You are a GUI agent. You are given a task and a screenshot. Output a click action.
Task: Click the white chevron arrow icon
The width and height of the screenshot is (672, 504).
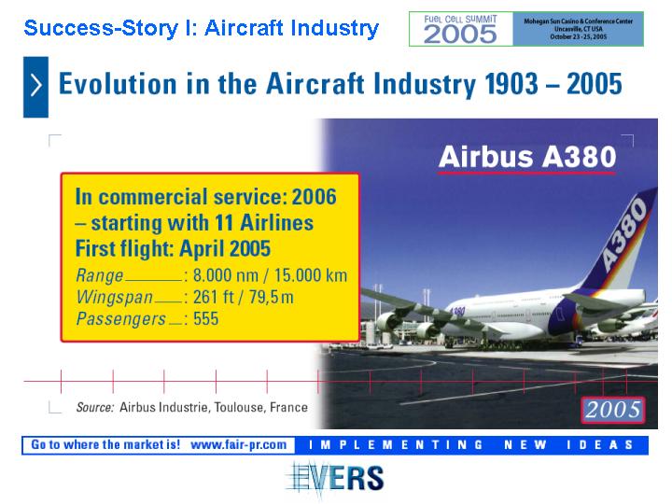(36, 85)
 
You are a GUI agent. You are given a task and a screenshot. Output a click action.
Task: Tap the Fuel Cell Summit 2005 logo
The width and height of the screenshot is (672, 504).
(461, 29)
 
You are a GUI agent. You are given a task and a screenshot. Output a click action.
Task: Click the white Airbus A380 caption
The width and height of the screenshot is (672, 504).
(527, 157)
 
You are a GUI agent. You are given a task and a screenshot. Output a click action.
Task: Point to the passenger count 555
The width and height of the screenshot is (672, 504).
(205, 319)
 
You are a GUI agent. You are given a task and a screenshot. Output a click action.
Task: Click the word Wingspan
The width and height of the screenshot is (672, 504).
(115, 298)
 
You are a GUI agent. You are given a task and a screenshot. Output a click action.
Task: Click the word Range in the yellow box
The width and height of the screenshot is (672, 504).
(100, 275)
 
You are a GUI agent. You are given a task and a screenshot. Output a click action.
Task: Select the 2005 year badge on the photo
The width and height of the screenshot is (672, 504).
(613, 410)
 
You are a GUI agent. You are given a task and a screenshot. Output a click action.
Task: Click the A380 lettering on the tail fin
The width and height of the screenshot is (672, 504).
(624, 234)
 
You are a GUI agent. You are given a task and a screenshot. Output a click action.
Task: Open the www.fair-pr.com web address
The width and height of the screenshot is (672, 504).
(239, 445)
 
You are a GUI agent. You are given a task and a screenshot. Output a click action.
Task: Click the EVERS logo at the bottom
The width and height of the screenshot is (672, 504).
(335, 478)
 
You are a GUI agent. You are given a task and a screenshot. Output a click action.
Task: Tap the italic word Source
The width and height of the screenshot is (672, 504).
(95, 407)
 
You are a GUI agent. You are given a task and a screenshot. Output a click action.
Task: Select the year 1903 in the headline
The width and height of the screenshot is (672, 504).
(511, 84)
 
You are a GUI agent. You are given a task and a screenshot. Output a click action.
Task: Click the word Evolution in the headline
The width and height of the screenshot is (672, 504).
(118, 84)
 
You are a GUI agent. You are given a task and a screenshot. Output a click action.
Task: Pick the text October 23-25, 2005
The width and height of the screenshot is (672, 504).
(578, 36)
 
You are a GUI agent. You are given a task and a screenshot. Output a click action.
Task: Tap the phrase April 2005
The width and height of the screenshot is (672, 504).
(225, 248)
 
